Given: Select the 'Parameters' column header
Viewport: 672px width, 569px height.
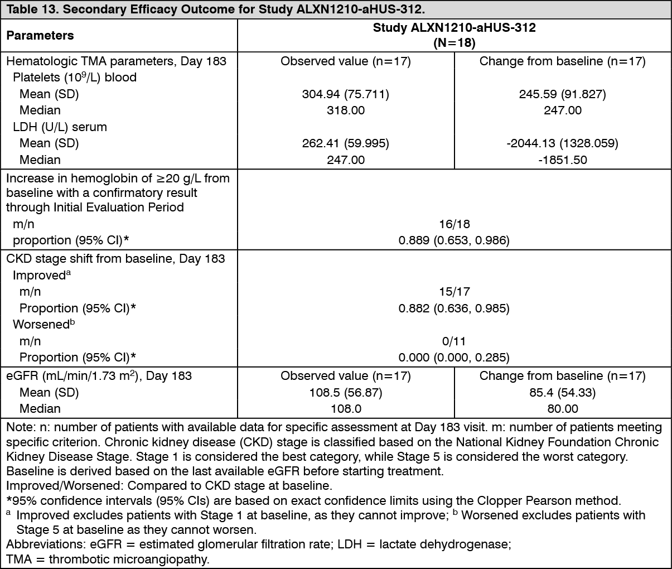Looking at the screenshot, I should pyautogui.click(x=40, y=35).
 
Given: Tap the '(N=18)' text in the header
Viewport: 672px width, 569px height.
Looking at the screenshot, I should pyautogui.click(x=454, y=42).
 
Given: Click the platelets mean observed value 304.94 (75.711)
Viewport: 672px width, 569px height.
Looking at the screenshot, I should pyautogui.click(x=346, y=94).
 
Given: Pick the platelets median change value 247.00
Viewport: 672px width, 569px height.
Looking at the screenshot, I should pyautogui.click(x=562, y=110).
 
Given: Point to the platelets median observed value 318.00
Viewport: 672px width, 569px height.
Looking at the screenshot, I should pyautogui.click(x=346, y=110).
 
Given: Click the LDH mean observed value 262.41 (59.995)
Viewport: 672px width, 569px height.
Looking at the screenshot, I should pyautogui.click(x=346, y=143).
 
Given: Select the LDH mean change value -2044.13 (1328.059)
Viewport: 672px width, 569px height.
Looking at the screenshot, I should pyautogui.click(x=562, y=143).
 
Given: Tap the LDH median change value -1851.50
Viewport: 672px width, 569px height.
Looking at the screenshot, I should pyautogui.click(x=562, y=160).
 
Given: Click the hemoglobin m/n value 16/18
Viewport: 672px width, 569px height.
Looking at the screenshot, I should pyautogui.click(x=454, y=224).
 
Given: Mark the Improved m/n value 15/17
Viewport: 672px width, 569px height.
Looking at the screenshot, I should pyautogui.click(x=454, y=292).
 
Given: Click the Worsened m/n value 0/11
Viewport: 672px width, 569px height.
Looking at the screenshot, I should pyautogui.click(x=454, y=341).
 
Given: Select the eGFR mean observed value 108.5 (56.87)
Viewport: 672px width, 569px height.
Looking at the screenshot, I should pyautogui.click(x=346, y=392).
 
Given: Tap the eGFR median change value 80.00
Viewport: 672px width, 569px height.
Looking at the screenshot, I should pyautogui.click(x=562, y=409).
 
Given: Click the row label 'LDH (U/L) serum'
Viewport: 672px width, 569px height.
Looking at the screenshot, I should pyautogui.click(x=60, y=127).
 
